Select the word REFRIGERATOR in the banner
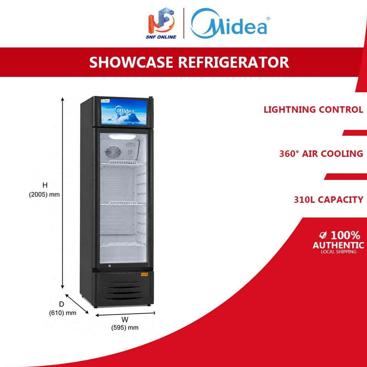[234, 62]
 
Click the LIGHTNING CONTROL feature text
[313, 110]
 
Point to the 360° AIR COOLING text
[321, 153]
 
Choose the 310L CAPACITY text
[328, 199]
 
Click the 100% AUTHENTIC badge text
[338, 240]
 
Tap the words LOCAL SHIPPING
[338, 252]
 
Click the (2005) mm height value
[44, 195]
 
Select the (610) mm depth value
[62, 313]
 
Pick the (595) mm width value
[125, 328]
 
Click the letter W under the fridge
[125, 319]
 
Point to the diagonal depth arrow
[77, 304]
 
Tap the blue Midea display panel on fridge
[124, 112]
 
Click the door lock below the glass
[109, 266]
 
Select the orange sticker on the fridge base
[144, 274]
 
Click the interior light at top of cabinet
[122, 137]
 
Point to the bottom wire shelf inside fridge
[123, 244]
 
